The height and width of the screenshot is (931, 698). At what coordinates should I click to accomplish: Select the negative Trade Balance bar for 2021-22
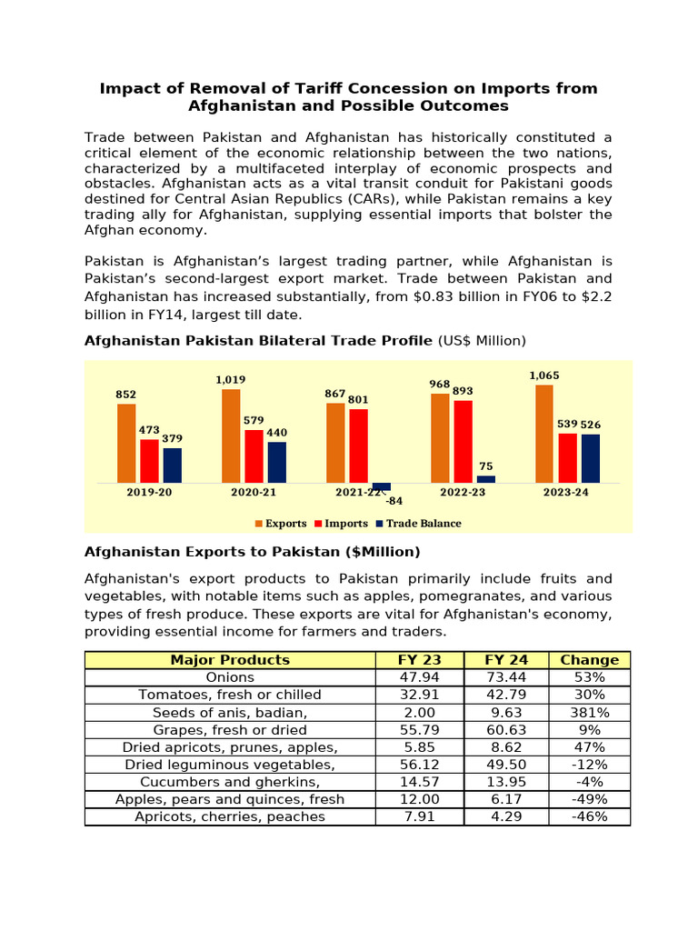(x=382, y=486)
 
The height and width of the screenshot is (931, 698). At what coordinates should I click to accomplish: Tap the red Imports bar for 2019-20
(x=149, y=461)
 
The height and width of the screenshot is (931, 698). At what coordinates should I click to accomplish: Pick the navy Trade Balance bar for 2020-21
(x=277, y=462)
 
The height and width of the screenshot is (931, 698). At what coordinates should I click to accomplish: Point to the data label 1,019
(x=231, y=380)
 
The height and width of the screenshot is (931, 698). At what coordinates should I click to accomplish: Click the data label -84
(x=394, y=501)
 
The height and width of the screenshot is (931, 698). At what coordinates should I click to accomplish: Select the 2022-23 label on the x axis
(x=463, y=492)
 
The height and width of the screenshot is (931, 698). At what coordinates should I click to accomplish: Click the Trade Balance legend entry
(x=419, y=524)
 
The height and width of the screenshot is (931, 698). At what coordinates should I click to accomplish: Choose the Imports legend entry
(x=341, y=524)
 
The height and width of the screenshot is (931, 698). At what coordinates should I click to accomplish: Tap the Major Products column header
(x=230, y=660)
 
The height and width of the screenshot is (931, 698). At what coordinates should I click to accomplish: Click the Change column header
(x=589, y=660)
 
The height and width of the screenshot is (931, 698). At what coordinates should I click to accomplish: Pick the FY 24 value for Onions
(x=505, y=677)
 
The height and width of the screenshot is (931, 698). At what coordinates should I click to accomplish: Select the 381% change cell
(x=589, y=712)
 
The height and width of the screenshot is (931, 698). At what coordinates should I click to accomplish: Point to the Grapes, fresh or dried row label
(x=230, y=730)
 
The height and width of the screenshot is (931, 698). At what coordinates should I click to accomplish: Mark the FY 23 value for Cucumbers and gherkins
(x=419, y=782)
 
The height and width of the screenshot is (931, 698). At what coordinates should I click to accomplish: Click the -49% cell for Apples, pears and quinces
(x=589, y=799)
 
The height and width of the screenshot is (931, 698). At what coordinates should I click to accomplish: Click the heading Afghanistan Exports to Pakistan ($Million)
(x=252, y=552)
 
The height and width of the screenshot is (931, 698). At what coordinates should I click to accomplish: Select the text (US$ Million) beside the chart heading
(x=482, y=341)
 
